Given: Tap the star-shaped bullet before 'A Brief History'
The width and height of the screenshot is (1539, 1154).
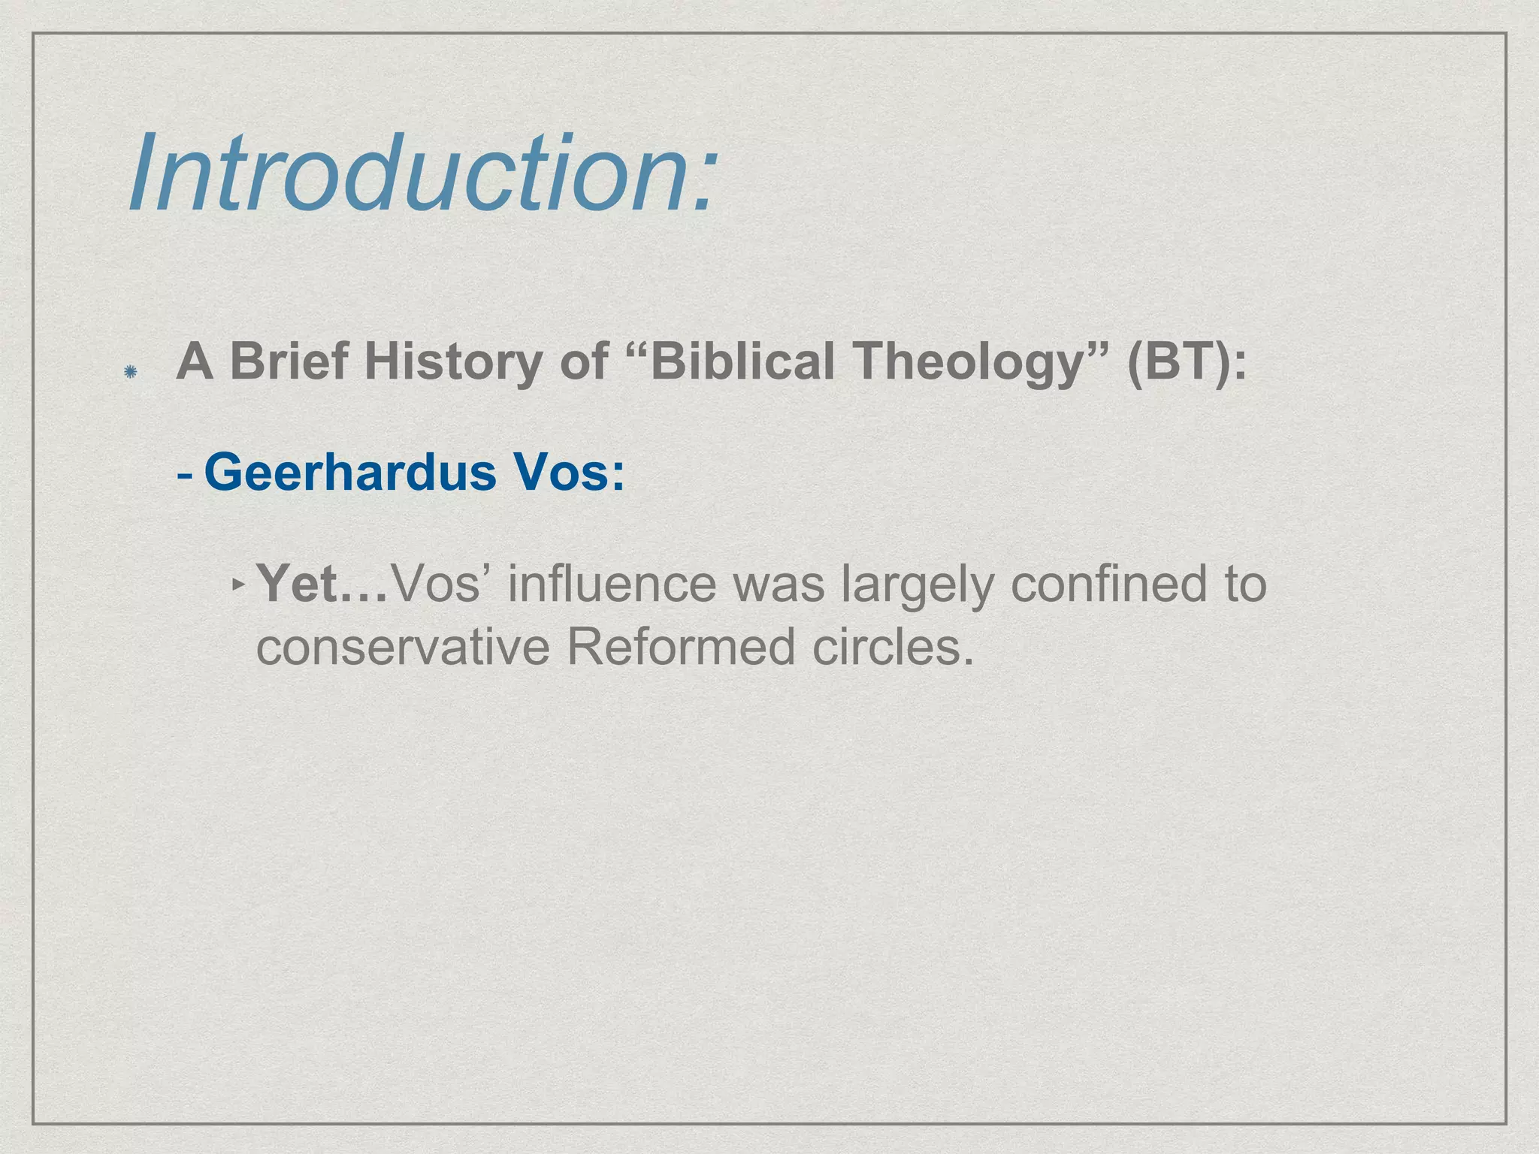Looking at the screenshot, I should point(131,371).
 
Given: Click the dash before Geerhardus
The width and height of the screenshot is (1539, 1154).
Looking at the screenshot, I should point(185,475).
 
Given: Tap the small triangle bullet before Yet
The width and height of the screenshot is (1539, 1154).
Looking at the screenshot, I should point(238,583).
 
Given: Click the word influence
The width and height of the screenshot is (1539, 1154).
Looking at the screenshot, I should point(612,583).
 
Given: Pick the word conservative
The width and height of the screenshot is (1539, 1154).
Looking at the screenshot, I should point(403,648).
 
